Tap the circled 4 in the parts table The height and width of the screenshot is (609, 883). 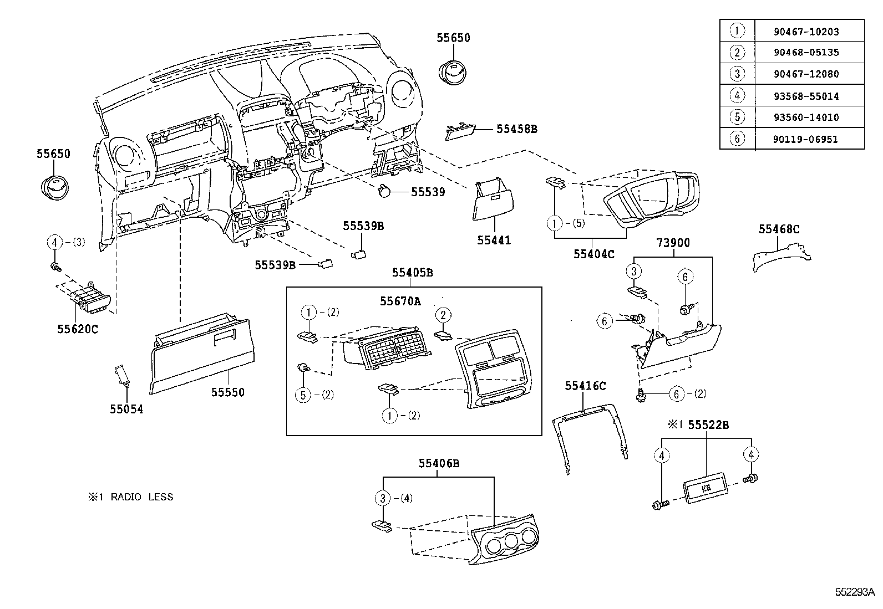tap(737, 96)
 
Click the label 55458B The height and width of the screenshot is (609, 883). tap(516, 129)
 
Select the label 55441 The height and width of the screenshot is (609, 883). tap(494, 240)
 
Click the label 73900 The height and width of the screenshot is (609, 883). tap(673, 242)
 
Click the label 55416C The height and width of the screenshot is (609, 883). tap(585, 386)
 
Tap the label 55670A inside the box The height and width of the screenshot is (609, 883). tap(400, 301)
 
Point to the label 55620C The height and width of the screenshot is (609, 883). tap(77, 329)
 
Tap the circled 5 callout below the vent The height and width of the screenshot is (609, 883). tap(303, 395)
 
